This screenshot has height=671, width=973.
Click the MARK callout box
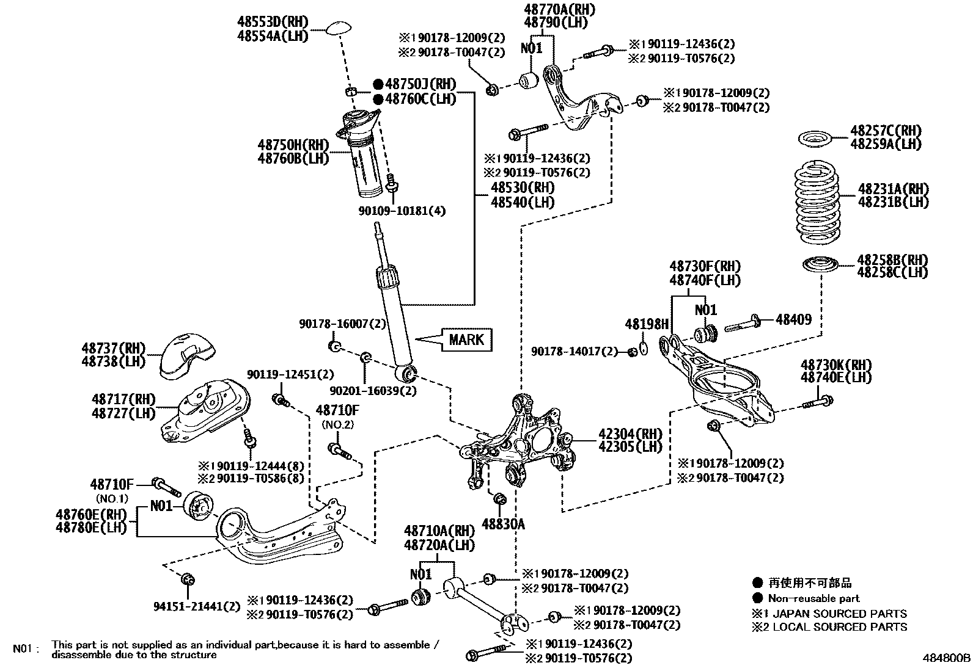click(x=466, y=339)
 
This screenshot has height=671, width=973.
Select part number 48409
click(x=793, y=319)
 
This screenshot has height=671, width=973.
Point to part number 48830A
click(x=503, y=523)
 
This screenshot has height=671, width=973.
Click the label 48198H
click(x=647, y=324)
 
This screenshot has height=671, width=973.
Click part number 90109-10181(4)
click(x=402, y=211)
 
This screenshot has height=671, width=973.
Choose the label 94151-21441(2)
click(x=197, y=606)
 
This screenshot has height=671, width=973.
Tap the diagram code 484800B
click(x=946, y=659)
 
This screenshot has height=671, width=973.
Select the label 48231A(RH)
click(x=893, y=189)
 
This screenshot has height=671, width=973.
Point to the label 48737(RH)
click(x=114, y=349)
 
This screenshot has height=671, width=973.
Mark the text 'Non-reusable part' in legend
click(x=813, y=598)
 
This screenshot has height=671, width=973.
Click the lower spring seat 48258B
click(x=819, y=265)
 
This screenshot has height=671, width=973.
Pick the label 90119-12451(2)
click(x=290, y=374)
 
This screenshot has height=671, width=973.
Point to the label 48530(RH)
click(x=523, y=187)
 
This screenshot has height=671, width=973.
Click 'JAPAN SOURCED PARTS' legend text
click(x=840, y=613)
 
